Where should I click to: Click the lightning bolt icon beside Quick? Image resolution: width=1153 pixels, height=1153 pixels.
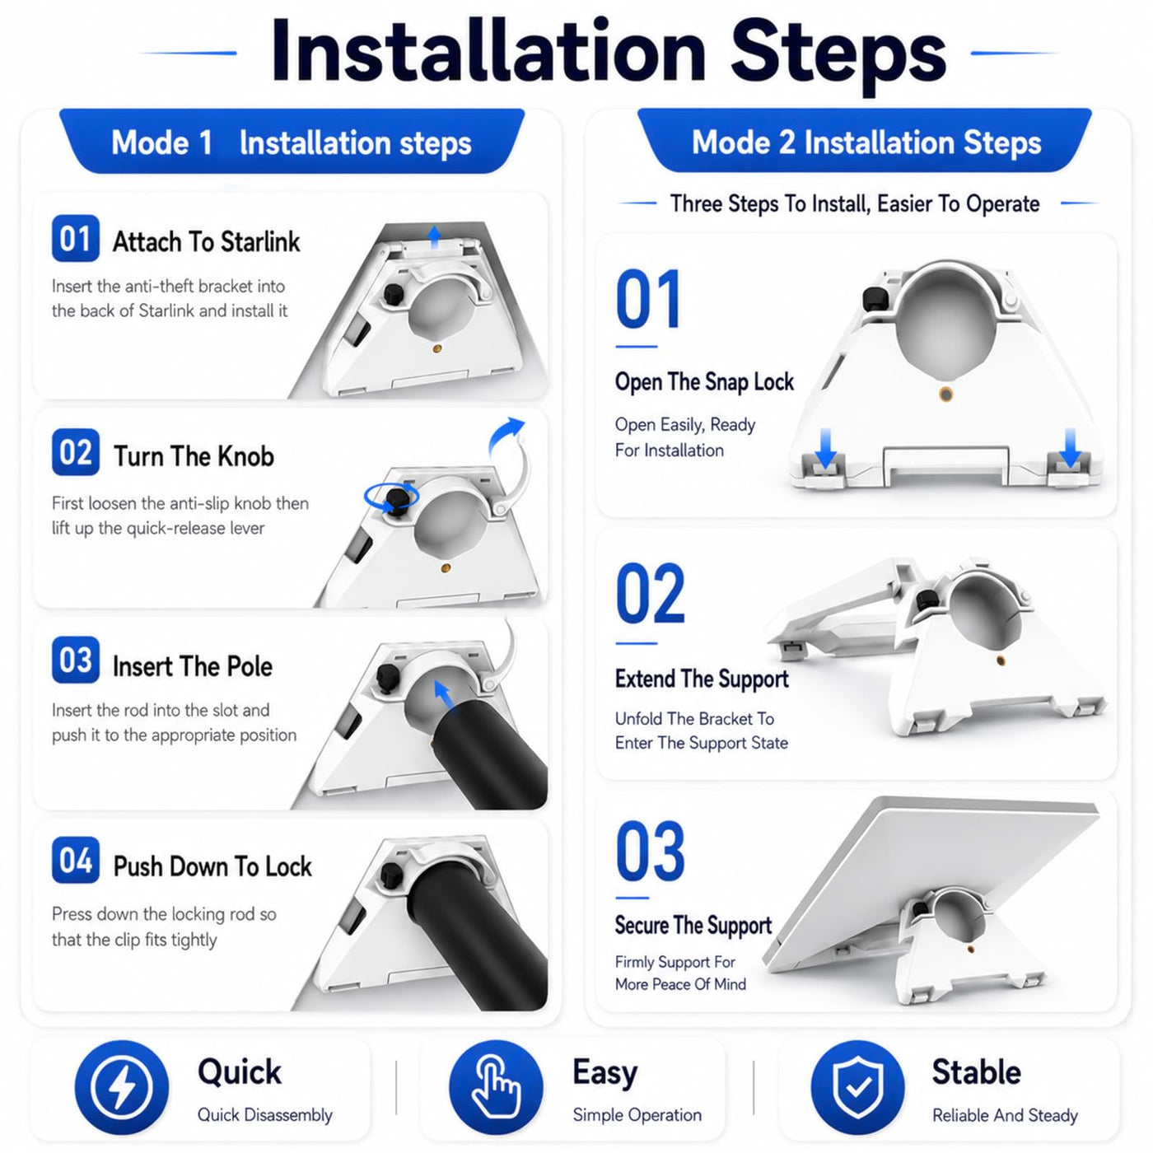[x=121, y=1086]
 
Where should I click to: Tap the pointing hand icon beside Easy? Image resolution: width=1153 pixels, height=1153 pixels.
[x=496, y=1086]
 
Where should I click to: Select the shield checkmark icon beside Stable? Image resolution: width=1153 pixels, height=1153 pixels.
[x=857, y=1086]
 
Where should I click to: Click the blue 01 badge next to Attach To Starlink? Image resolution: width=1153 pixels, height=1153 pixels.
[x=76, y=238]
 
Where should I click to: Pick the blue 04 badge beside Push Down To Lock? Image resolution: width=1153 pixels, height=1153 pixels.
[x=76, y=860]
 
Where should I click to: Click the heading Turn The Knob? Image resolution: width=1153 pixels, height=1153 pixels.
[x=194, y=456]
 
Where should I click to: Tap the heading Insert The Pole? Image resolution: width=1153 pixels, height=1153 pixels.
[x=193, y=666]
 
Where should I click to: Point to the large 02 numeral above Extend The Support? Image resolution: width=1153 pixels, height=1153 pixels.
[x=651, y=593]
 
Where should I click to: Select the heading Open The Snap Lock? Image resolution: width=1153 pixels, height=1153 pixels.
[x=704, y=382]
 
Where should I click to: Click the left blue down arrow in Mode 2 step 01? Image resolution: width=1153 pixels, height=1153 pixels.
[x=826, y=447]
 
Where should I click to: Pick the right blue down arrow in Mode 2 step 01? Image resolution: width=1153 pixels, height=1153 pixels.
[x=1070, y=447]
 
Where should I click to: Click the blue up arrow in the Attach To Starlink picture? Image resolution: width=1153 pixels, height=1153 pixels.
[x=435, y=237]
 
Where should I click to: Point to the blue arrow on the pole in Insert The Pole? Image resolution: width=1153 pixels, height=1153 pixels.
[x=443, y=695]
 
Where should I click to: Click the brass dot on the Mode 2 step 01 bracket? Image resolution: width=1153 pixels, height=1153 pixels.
[x=946, y=394]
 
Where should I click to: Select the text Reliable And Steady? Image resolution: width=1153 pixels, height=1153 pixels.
[x=1006, y=1115]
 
